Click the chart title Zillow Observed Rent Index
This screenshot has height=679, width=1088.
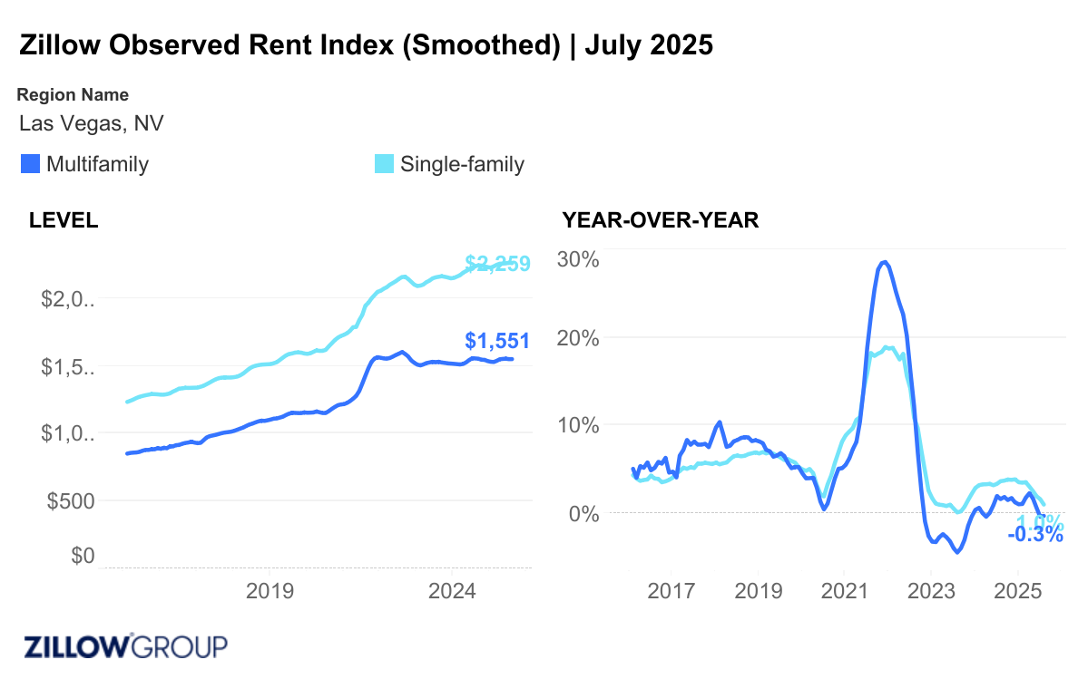(366, 45)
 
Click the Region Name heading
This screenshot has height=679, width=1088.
(73, 94)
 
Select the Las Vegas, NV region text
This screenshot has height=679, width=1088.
(91, 122)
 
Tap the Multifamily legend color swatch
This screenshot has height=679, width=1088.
(30, 164)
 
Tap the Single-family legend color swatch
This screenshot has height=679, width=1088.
(385, 164)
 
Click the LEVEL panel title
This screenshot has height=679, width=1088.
(64, 220)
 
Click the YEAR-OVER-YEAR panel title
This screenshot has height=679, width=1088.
(660, 220)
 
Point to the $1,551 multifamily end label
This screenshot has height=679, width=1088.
(496, 341)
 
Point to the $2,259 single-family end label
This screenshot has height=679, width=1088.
(496, 264)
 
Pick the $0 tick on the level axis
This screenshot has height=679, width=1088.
(83, 555)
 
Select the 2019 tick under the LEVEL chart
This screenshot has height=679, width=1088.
(270, 591)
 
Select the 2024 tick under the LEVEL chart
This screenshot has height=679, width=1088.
(452, 591)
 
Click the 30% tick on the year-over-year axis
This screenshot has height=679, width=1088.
(578, 259)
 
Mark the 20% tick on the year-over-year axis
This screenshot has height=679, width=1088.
(578, 338)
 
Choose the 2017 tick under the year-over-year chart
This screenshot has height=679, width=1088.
(671, 591)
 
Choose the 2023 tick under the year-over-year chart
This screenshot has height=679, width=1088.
(931, 591)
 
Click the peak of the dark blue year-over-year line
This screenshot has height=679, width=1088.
(885, 262)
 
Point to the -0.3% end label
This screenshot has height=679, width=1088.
(1034, 535)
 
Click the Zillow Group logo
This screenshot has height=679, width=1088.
(124, 646)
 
